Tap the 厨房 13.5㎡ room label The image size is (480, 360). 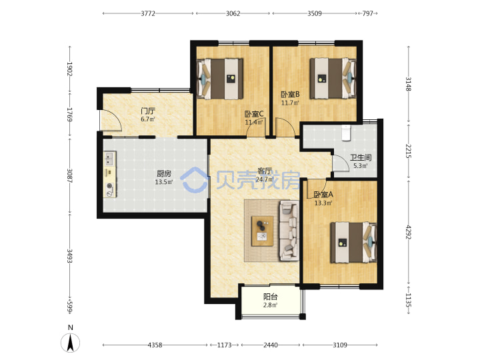(164, 178)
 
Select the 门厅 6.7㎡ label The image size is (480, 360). (148, 115)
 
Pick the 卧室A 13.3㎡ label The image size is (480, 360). (323, 199)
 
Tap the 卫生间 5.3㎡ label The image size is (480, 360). (361, 161)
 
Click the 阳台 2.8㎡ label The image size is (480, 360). (270, 301)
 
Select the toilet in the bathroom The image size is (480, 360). (346, 133)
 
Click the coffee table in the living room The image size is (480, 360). (262, 231)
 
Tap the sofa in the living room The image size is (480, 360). (289, 231)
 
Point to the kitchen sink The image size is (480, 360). (109, 159)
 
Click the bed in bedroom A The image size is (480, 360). (353, 243)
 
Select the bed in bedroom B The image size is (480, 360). (333, 79)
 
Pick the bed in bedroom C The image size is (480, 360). (220, 79)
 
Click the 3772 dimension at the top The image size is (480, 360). (148, 13)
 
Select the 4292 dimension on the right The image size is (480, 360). (409, 232)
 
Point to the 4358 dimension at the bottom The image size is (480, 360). (155, 345)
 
